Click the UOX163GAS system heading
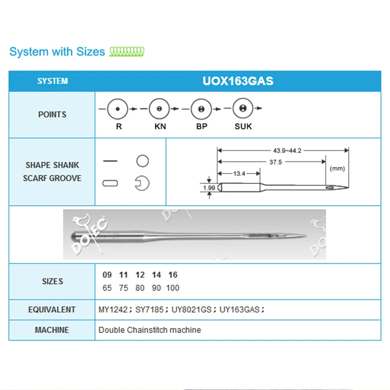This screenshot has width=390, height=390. tap(238, 81)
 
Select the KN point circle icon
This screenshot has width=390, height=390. tap(159, 109)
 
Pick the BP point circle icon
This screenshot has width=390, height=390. tap(201, 109)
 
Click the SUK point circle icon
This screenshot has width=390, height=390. tap(242, 109)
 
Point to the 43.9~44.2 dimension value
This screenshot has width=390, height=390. tap(288, 151)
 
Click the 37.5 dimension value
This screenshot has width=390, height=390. tap(275, 162)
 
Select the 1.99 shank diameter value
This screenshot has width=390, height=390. tap(209, 187)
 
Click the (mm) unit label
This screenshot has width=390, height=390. tap(337, 168)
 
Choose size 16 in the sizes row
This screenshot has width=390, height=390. tap(173, 275)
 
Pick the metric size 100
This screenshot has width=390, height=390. tap(173, 288)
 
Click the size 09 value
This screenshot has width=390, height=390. tap(107, 275)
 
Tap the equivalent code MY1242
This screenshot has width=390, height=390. tap(114, 310)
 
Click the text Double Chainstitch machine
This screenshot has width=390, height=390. tap(150, 330)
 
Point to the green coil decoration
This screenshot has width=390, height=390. tap(127, 51)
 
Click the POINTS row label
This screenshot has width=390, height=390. tap(52, 115)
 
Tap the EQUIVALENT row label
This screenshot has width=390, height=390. tap(52, 310)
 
